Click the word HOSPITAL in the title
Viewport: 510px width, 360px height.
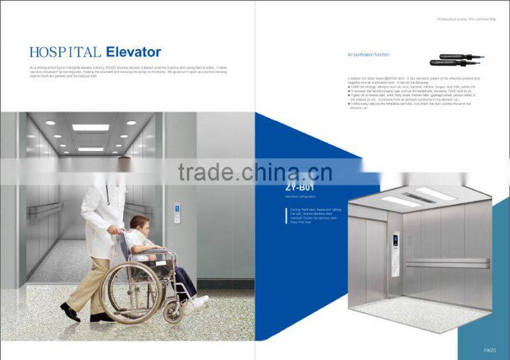click(66, 52)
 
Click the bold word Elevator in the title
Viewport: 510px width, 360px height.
click(133, 52)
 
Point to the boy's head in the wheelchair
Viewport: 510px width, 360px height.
click(138, 224)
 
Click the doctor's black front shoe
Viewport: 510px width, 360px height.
click(69, 312)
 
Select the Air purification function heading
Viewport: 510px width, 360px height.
click(368, 55)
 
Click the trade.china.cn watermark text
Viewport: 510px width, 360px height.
click(254, 171)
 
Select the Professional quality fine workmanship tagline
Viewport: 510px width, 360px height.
click(466, 20)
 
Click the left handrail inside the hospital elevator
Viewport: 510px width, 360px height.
click(45, 207)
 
